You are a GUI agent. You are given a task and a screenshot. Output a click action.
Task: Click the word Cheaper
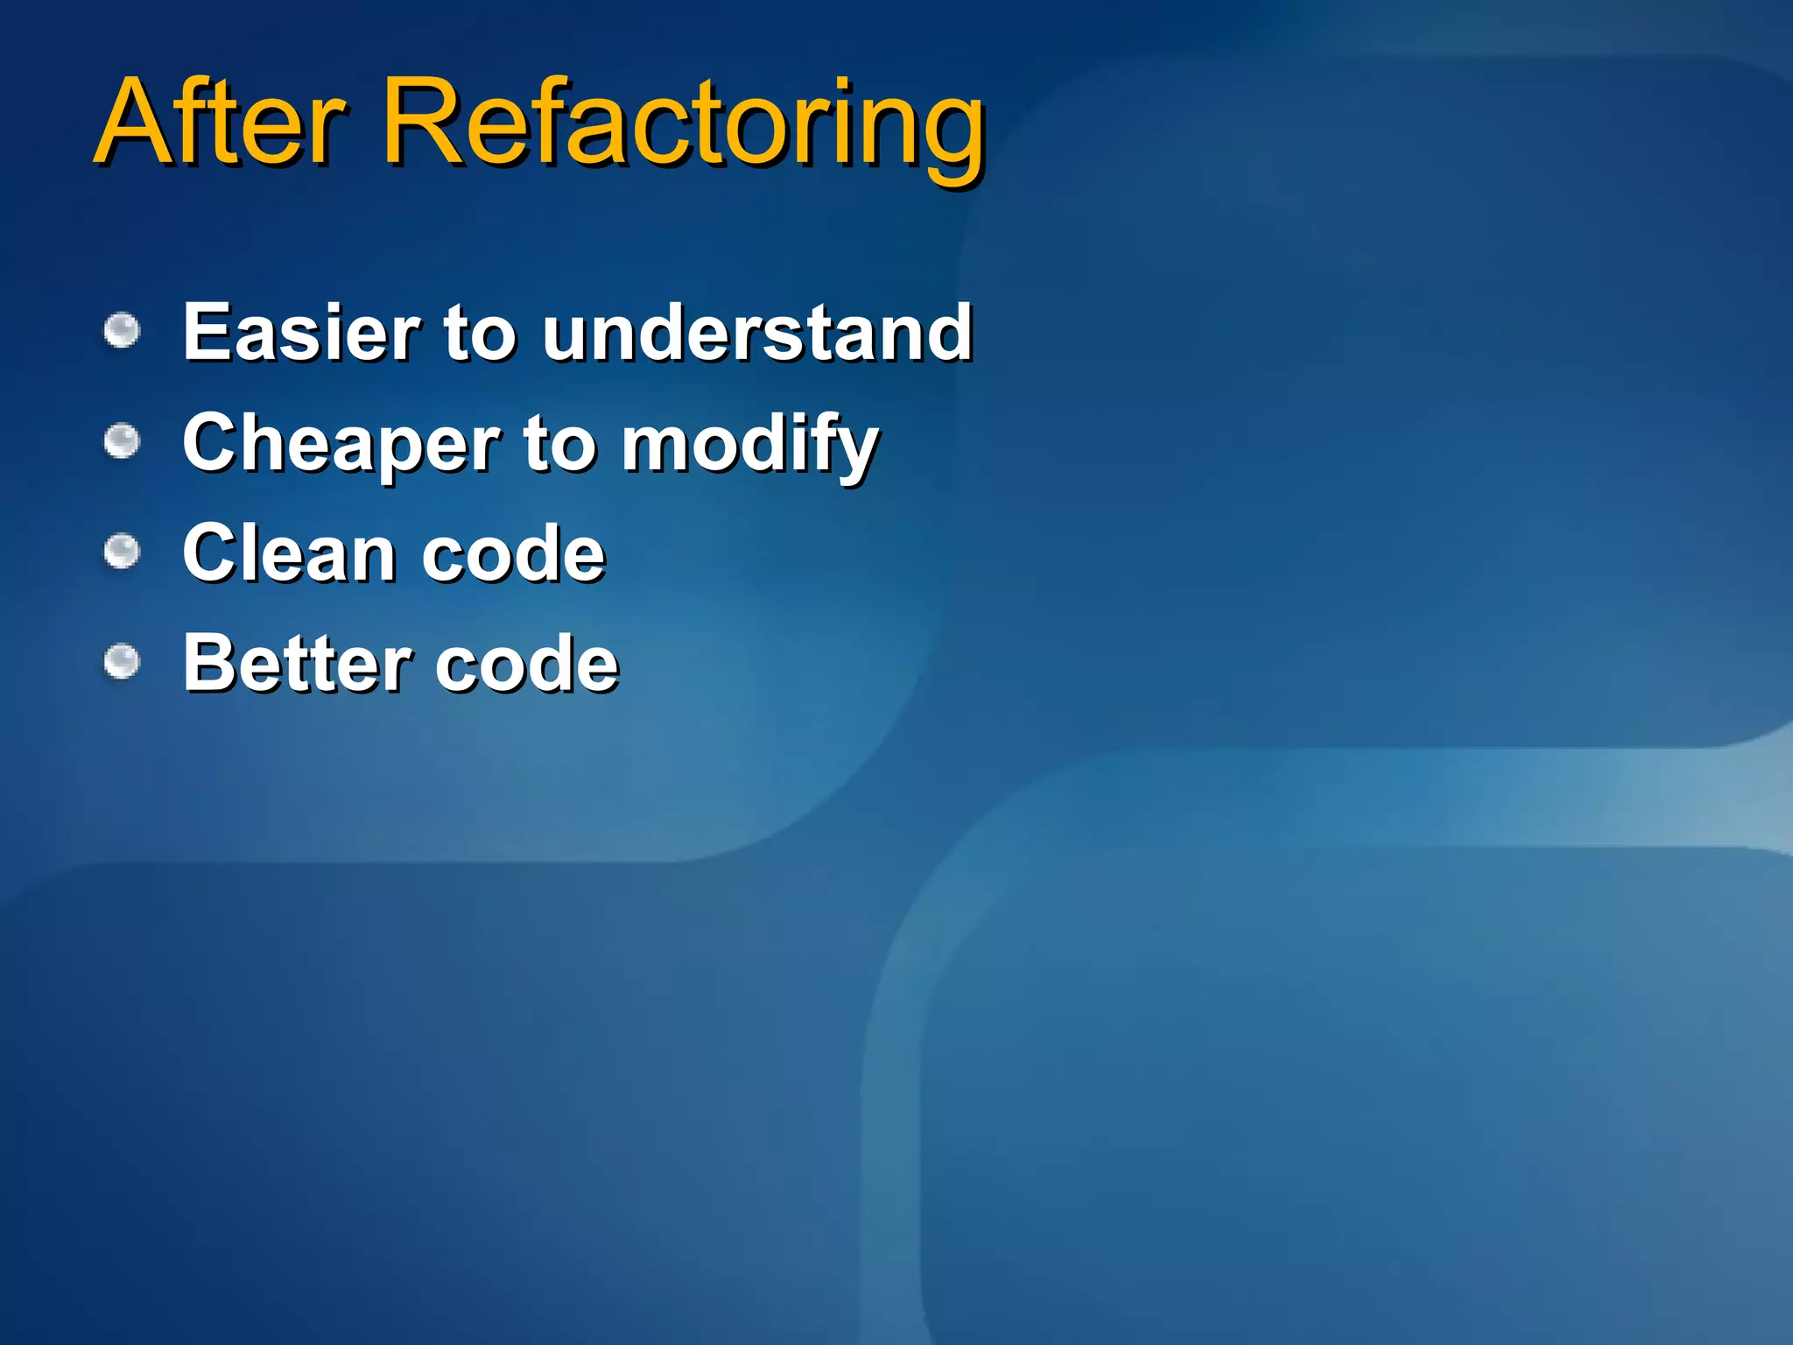point(341,445)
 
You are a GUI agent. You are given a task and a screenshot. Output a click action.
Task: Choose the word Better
point(298,663)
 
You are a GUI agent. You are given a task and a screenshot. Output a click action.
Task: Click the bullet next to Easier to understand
point(122,331)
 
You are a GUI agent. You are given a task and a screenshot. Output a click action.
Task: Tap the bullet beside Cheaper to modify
point(122,441)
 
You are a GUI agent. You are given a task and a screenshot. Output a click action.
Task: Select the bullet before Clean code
point(122,552)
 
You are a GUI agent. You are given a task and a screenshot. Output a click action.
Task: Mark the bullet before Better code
point(122,661)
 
